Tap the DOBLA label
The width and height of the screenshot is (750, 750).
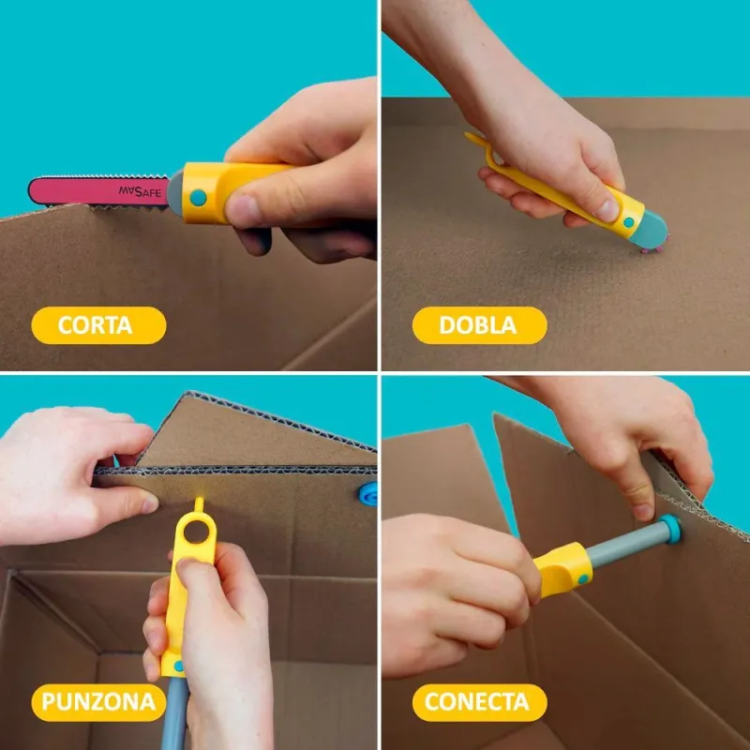[x=479, y=325]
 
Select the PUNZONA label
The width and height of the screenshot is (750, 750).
[x=98, y=702]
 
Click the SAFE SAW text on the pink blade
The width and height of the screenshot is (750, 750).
[x=140, y=192]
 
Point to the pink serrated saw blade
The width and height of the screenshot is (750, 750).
[x=99, y=191]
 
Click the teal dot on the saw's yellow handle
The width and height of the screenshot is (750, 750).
[x=198, y=198]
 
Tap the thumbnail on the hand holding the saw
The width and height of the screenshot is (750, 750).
[x=242, y=211]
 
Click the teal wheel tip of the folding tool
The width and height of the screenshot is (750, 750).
[x=652, y=231]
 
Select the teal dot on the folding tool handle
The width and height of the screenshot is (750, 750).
[x=628, y=222]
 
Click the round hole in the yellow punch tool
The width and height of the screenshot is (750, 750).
[x=196, y=532]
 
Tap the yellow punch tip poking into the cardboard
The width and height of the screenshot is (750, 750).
[x=199, y=503]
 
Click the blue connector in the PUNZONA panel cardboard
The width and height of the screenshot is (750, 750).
[x=368, y=494]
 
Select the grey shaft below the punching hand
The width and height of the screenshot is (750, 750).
[x=174, y=713]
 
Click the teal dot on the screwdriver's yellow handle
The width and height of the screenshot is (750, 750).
[x=582, y=579]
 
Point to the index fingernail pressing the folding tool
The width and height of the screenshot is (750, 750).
[x=607, y=210]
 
